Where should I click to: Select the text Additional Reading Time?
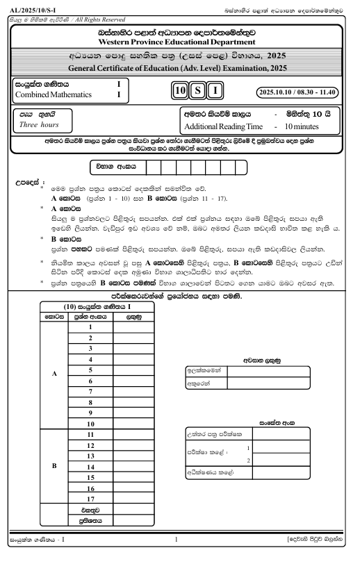tap(222, 126)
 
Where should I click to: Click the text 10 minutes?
tap(297, 126)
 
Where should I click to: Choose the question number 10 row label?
tap(90, 424)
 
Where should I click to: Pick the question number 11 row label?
tap(90, 435)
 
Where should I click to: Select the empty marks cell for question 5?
tap(129, 380)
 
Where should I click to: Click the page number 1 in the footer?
tap(177, 538)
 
